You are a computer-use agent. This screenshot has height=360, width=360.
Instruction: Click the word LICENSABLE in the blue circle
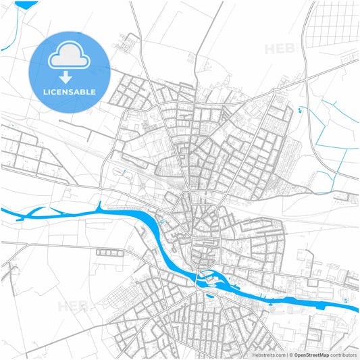70,91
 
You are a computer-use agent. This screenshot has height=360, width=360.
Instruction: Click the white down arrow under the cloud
70,76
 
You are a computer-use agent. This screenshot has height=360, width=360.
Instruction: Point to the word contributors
344,355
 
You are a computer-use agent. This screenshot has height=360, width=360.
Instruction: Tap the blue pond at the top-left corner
26,4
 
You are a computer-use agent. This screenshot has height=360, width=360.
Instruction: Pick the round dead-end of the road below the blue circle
60,122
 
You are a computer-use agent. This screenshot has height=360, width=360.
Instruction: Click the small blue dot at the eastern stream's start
300,107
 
